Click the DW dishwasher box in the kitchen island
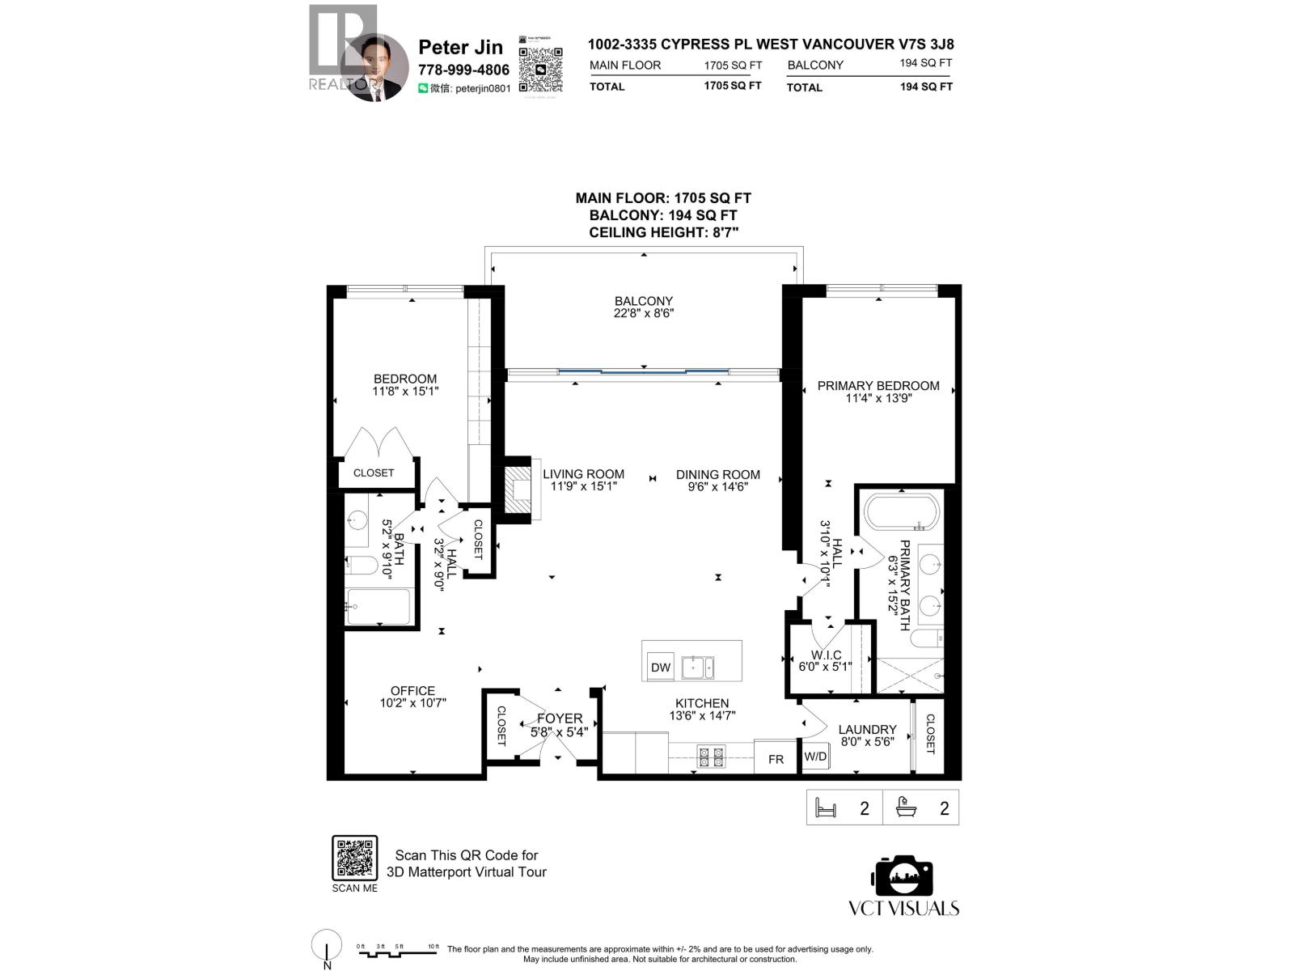pyautogui.click(x=661, y=668)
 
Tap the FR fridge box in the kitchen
pyautogui.click(x=776, y=759)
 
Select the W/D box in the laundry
pyautogui.click(x=815, y=757)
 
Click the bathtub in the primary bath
pyautogui.click(x=902, y=512)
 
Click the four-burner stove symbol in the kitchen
pyautogui.click(x=711, y=757)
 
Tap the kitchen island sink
pyautogui.click(x=697, y=668)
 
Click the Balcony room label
pyautogui.click(x=643, y=301)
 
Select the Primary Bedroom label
pyautogui.click(x=877, y=386)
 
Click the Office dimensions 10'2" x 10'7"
pyautogui.click(x=412, y=703)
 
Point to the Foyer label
pyautogui.click(x=559, y=718)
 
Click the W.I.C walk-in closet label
pyautogui.click(x=826, y=655)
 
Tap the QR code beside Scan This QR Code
pyautogui.click(x=355, y=859)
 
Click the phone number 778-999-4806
pyautogui.click(x=463, y=70)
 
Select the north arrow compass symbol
pyautogui.click(x=326, y=946)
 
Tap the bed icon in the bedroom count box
pyautogui.click(x=826, y=808)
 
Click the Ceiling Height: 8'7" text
pyautogui.click(x=663, y=232)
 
